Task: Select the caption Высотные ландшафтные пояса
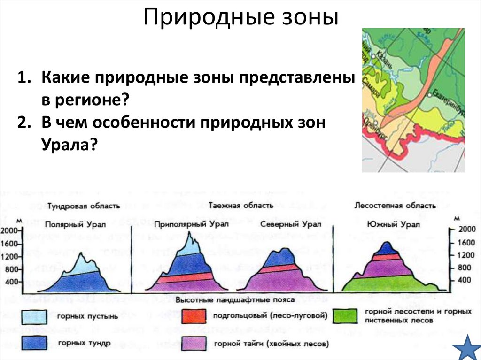[242, 299]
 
